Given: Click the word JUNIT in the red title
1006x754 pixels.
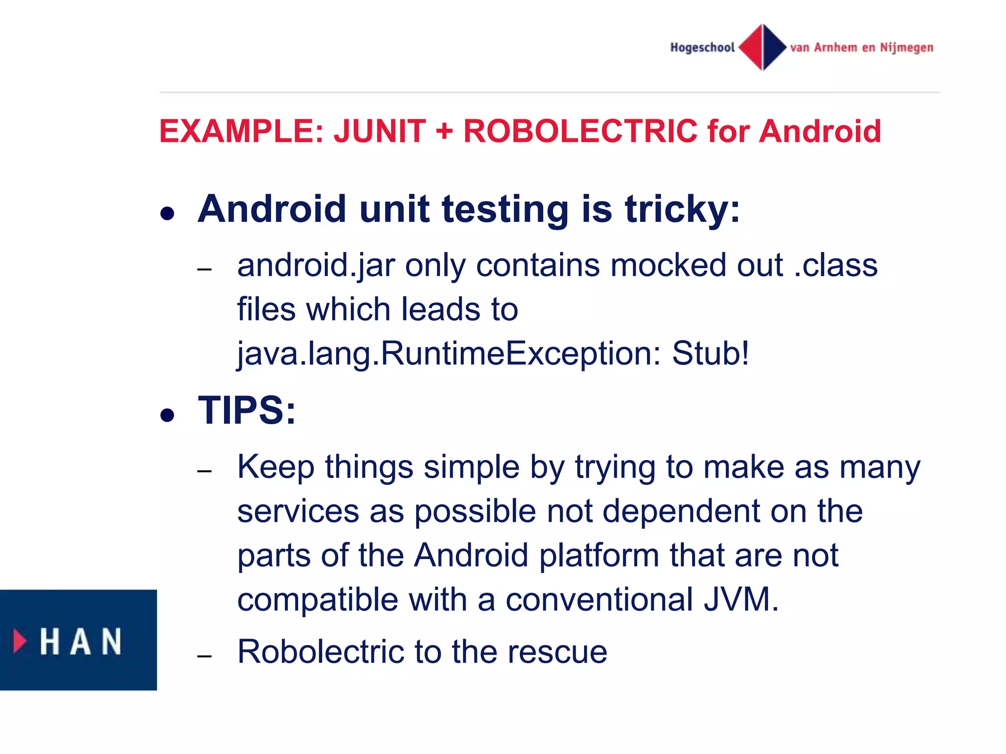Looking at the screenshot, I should pos(380,132).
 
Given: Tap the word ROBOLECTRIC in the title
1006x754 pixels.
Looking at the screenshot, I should pos(580,132).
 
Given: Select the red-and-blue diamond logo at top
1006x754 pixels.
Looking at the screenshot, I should pos(762,47).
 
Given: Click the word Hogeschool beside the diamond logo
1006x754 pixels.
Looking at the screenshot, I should pos(702,48).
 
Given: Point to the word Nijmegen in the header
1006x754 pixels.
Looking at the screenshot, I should pos(906,48).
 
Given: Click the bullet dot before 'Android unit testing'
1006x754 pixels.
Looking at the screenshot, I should pos(168,214).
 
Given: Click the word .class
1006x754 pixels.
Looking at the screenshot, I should pos(836,266).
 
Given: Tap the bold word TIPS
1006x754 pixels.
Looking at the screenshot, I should pos(247,410).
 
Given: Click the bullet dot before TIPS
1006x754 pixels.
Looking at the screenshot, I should pos(168,415).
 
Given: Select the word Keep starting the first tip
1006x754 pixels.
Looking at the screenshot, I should pos(276,467).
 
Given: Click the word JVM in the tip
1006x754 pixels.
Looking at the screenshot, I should pos(741,599).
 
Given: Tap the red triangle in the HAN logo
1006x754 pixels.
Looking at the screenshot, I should pos(20,641).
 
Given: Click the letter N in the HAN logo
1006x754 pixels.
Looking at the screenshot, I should pos(112,641).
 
